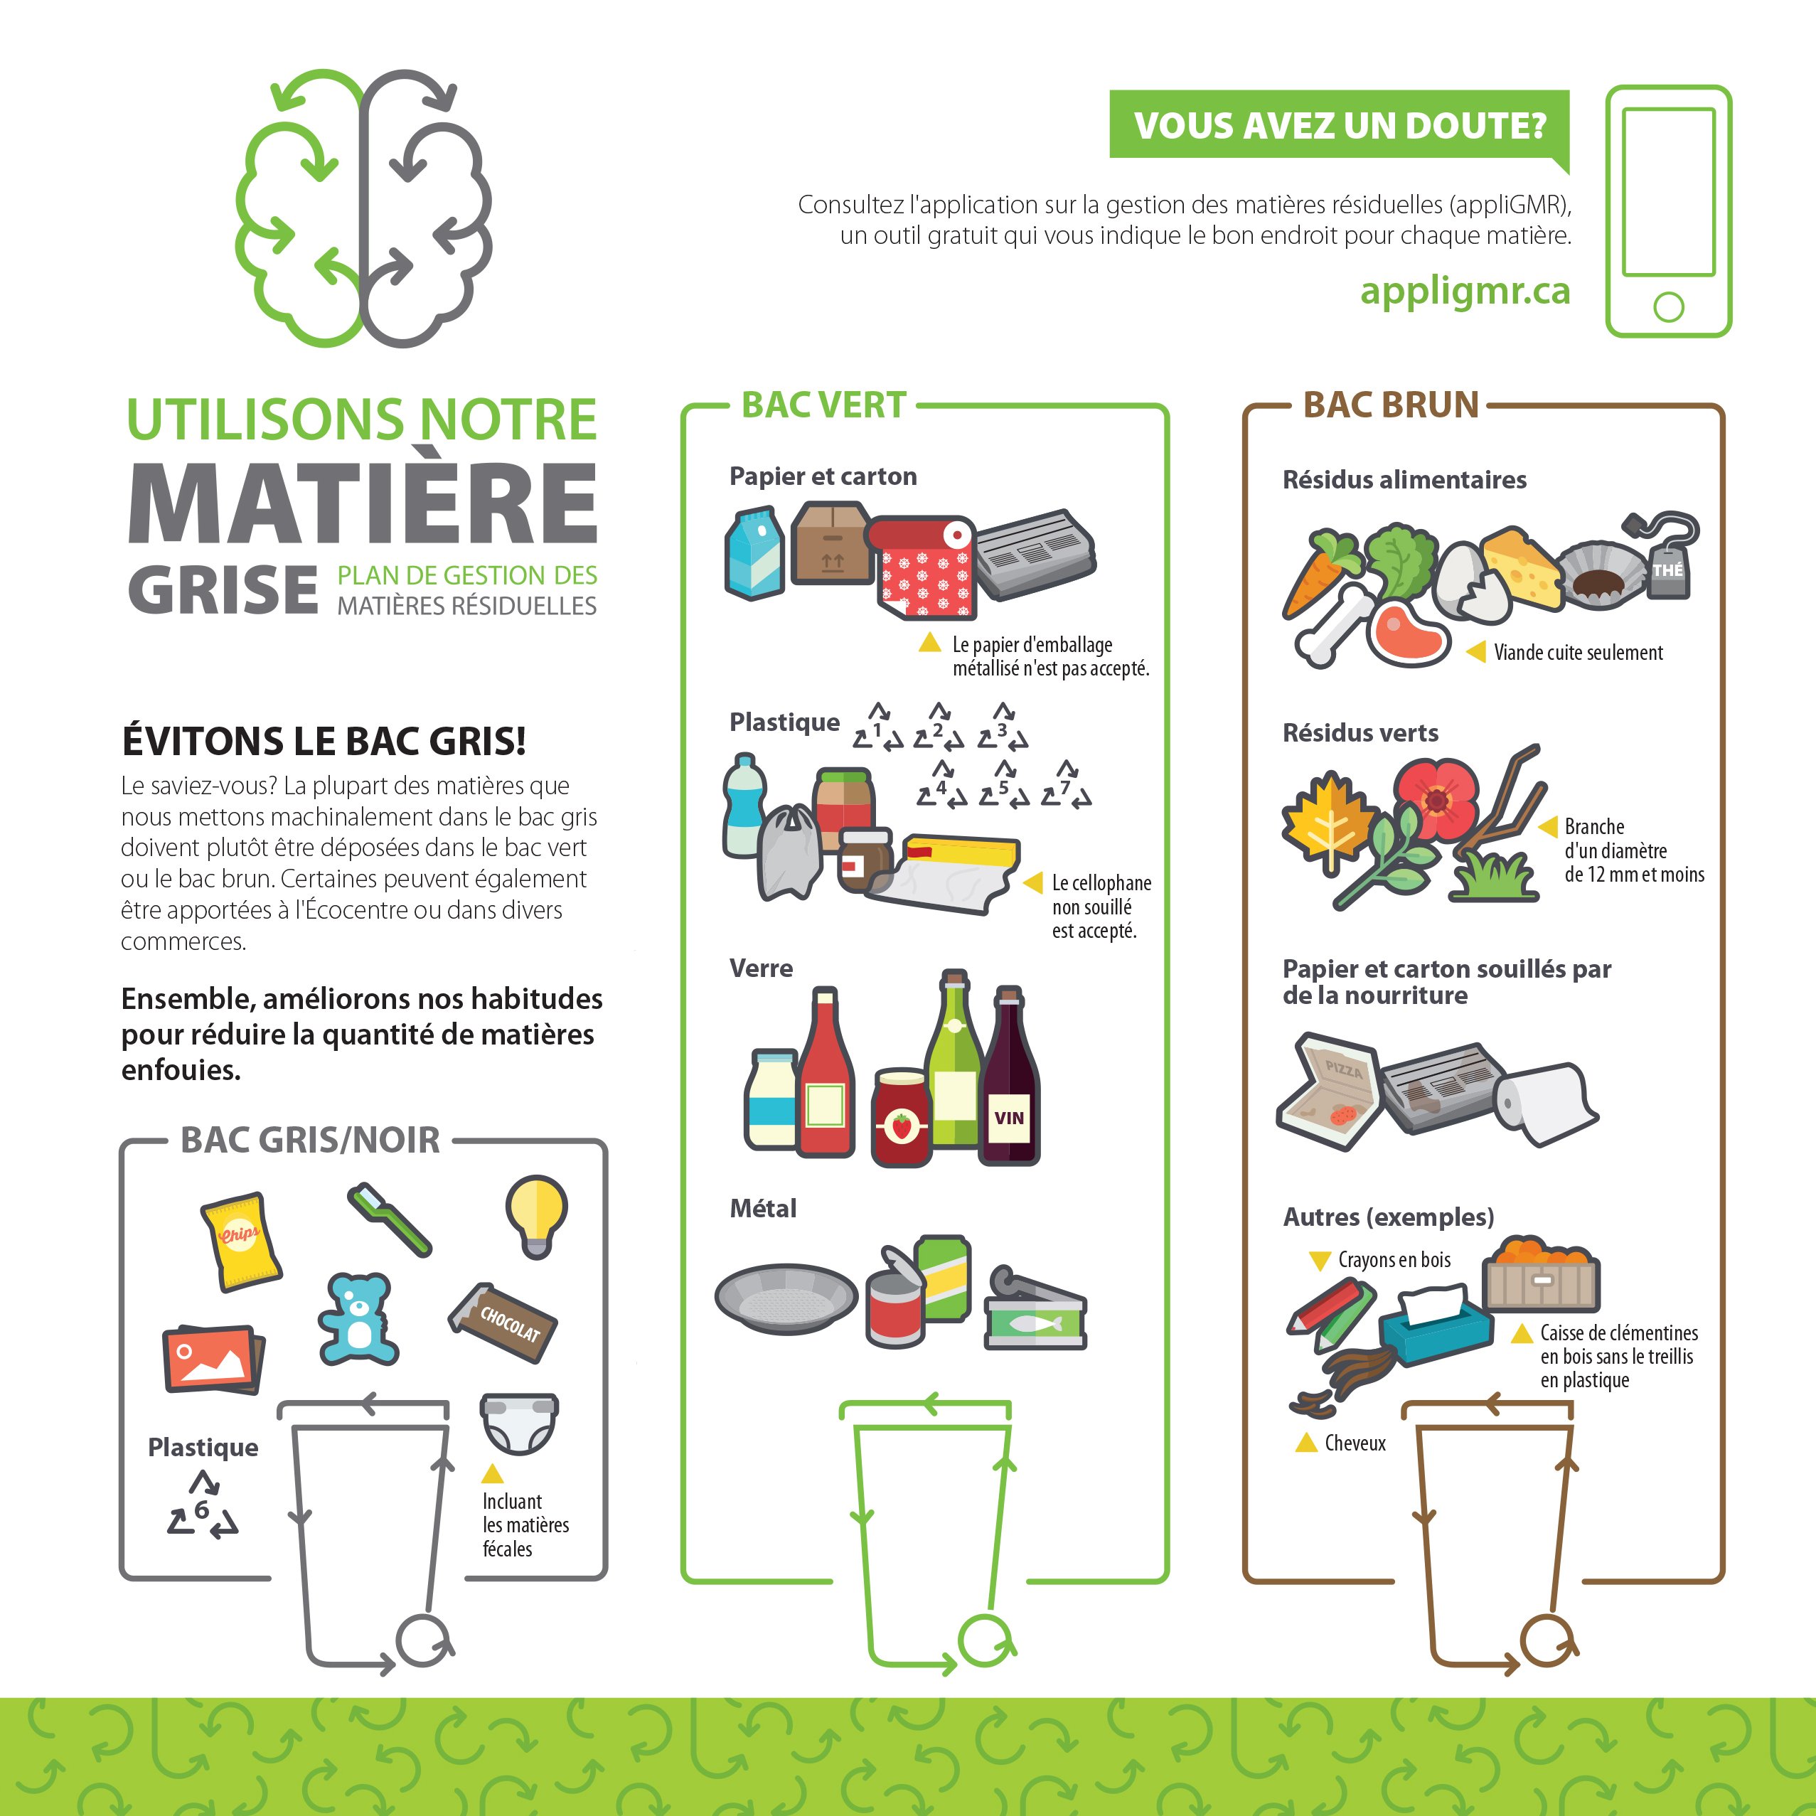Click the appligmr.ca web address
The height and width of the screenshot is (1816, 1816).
coord(1465,292)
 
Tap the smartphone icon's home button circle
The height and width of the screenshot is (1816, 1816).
coord(1668,307)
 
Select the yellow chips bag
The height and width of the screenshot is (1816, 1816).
coord(240,1241)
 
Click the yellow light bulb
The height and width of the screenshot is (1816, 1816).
coord(536,1215)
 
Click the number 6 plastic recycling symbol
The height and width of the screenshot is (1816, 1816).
coord(202,1507)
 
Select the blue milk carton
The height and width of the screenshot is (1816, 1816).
coord(755,554)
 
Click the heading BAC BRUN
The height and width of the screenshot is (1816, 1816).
coord(1391,405)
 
